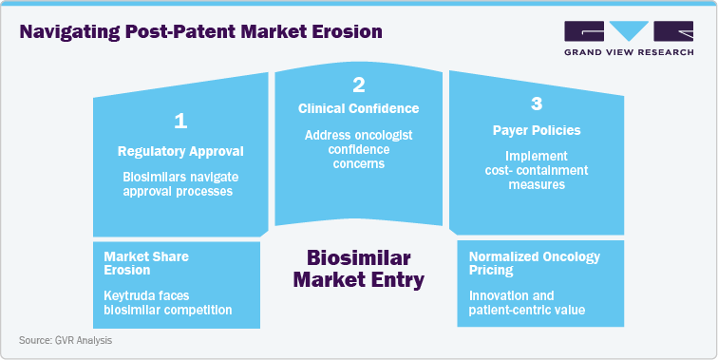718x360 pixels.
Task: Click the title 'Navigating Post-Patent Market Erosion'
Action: (200, 31)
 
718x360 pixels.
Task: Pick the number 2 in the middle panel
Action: (359, 85)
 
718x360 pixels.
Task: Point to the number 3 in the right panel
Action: (537, 102)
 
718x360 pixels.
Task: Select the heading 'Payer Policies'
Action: (537, 130)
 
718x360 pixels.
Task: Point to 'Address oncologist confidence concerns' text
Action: (358, 150)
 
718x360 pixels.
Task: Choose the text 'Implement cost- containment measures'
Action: (537, 170)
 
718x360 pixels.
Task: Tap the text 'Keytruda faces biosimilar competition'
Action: (167, 302)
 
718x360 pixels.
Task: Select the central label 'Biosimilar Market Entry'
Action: (358, 269)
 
